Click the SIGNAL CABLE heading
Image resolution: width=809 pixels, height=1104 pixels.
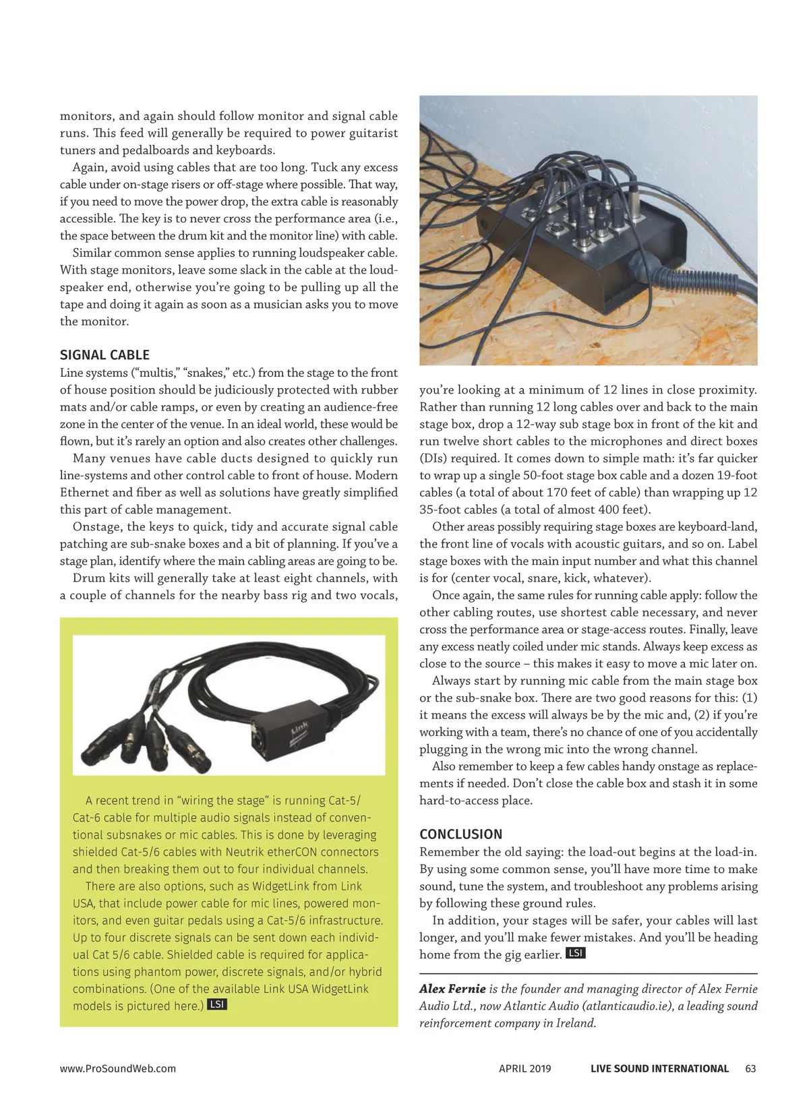[104, 355]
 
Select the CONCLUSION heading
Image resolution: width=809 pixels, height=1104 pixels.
[460, 834]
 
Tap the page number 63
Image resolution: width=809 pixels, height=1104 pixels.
[750, 1068]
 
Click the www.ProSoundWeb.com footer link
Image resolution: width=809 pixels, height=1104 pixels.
[118, 1068]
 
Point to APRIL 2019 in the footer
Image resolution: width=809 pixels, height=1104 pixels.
[525, 1068]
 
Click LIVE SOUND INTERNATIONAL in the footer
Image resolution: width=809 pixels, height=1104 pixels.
[659, 1068]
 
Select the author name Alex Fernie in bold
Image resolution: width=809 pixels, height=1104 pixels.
[452, 989]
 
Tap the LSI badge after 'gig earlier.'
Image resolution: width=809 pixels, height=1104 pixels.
[575, 953]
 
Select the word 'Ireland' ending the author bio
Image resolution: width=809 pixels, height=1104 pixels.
[575, 1022]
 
